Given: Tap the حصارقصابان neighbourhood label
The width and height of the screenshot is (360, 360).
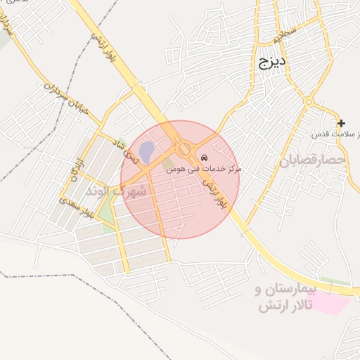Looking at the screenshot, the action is pyautogui.click(x=314, y=161).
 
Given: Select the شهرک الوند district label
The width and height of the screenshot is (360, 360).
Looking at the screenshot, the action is pyautogui.click(x=116, y=191).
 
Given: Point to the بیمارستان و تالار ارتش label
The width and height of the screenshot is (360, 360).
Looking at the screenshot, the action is pyautogui.click(x=287, y=298).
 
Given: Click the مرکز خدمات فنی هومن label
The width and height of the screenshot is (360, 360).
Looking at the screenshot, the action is pyautogui.click(x=204, y=169).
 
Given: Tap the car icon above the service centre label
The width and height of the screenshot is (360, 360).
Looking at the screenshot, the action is pyautogui.click(x=204, y=157).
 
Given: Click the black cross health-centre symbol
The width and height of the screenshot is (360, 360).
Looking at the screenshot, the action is pyautogui.click(x=341, y=123).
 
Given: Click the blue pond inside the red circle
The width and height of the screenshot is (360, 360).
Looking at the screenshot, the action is pyautogui.click(x=146, y=150).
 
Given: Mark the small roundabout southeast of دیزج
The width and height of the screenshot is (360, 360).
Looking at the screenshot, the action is pyautogui.click(x=308, y=102).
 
